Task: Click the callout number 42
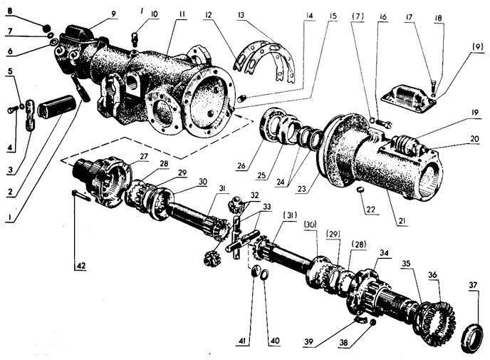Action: (80, 265)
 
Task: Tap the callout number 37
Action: (474, 284)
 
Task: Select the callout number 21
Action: (402, 221)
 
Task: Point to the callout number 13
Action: (241, 15)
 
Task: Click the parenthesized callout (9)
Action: (479, 46)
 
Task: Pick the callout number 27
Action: (144, 156)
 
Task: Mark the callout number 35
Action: (406, 264)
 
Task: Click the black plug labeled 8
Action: (46, 28)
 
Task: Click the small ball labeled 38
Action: (372, 322)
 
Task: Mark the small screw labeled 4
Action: (11, 110)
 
